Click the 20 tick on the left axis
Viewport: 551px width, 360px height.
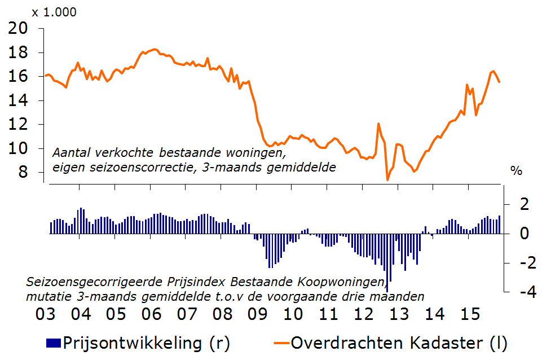coord(19,28)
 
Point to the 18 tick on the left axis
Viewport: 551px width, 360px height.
coord(19,52)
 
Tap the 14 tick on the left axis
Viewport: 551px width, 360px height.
coord(19,100)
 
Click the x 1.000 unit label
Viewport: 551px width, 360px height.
coord(54,12)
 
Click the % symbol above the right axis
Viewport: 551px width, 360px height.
coord(516,170)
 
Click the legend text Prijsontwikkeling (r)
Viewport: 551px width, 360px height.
coord(147,343)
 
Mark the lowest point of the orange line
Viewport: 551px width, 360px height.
coord(387,180)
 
